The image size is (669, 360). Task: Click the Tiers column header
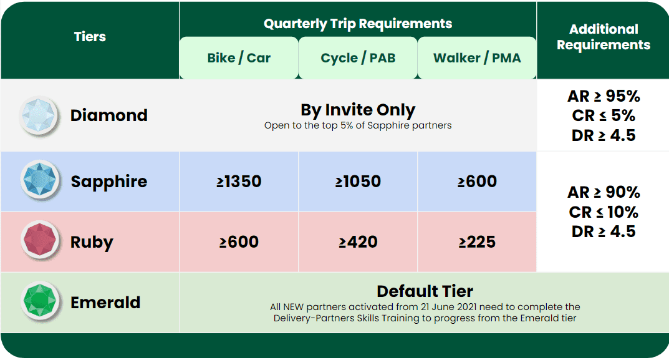(90, 37)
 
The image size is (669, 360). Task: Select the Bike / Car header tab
(239, 57)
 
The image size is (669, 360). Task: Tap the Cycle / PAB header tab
(358, 57)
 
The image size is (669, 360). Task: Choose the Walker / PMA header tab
(477, 57)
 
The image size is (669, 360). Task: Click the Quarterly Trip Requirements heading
(358, 24)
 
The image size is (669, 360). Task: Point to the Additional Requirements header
(604, 37)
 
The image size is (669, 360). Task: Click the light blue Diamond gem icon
(39, 115)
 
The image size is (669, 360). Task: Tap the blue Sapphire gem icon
(40, 180)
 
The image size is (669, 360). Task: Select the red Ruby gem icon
(40, 240)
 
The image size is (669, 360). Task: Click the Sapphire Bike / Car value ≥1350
(239, 182)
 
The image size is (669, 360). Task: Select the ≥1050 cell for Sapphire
(358, 182)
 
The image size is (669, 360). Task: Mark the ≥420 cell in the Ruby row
(358, 242)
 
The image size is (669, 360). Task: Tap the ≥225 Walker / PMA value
(477, 242)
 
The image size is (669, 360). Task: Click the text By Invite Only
(358, 110)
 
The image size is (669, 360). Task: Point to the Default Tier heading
(425, 291)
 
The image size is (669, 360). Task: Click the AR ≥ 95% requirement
(604, 96)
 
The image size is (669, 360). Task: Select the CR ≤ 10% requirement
(604, 212)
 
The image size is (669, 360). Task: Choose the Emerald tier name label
(105, 303)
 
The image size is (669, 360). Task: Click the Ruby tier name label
(92, 242)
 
